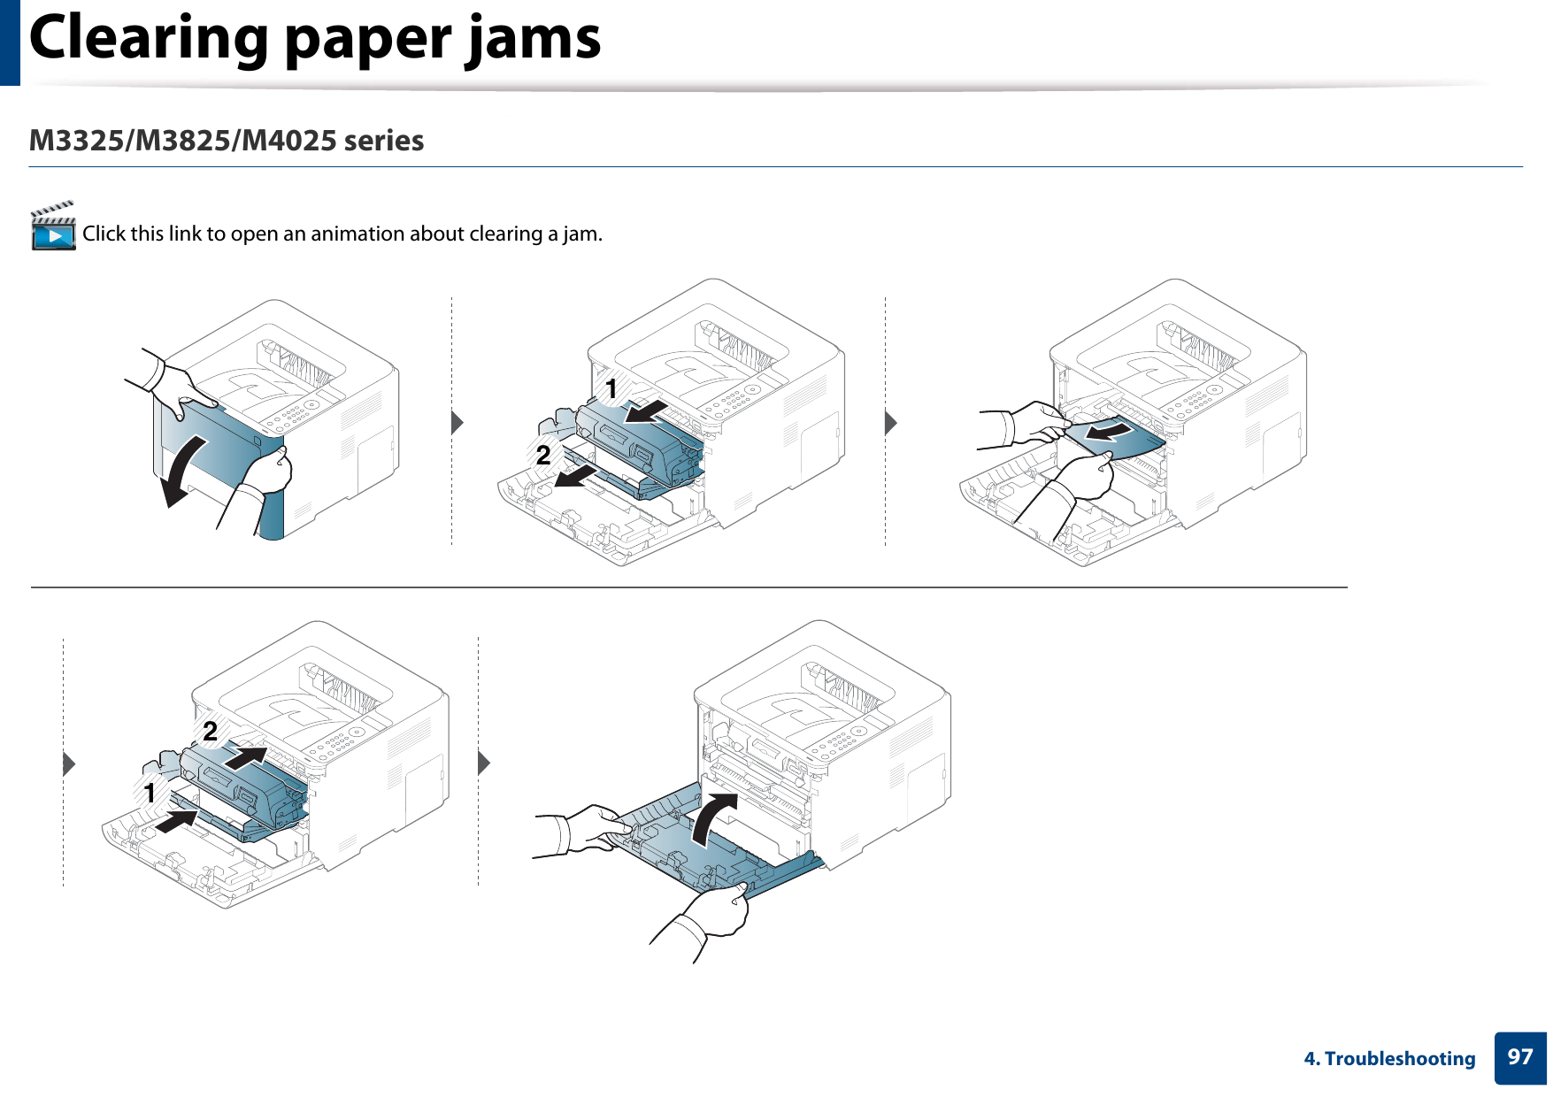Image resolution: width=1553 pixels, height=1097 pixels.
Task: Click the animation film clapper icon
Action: [53, 227]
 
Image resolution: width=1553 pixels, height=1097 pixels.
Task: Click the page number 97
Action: [1519, 1057]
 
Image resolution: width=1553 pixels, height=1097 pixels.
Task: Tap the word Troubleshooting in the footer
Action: [1399, 1059]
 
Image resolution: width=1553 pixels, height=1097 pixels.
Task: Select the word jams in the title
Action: [534, 39]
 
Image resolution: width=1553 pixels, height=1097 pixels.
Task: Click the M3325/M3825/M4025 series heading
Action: [227, 141]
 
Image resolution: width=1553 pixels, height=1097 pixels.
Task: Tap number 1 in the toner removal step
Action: [611, 388]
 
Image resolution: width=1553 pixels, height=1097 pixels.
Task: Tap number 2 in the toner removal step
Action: [543, 456]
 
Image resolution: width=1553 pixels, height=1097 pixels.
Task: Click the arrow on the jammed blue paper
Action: [1110, 432]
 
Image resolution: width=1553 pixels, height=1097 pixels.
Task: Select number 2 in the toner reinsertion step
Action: [210, 731]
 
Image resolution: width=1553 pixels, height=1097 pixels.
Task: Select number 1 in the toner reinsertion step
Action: [150, 793]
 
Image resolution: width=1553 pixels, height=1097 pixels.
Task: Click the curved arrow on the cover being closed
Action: [711, 818]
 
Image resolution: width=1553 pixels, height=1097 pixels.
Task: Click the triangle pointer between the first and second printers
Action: [457, 423]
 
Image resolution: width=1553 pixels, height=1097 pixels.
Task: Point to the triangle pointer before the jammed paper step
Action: [891, 423]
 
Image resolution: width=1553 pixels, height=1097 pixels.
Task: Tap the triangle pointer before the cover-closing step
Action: [483, 763]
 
